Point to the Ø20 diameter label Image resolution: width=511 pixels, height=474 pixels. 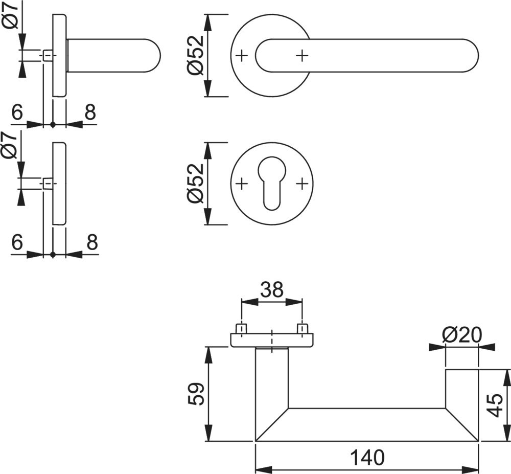pyautogui.click(x=462, y=335)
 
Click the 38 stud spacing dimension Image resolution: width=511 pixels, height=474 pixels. pyautogui.click(x=272, y=290)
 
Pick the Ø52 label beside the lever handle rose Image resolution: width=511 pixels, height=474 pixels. pyautogui.click(x=196, y=55)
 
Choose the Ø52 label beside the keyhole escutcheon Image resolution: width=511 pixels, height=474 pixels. pyautogui.click(x=196, y=184)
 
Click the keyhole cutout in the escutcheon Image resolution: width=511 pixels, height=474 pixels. pyautogui.click(x=272, y=182)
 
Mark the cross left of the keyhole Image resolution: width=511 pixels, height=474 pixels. pyautogui.click(x=242, y=183)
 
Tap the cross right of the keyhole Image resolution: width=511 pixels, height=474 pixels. pyautogui.click(x=303, y=183)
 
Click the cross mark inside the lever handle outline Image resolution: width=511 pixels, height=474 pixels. pyautogui.click(x=303, y=55)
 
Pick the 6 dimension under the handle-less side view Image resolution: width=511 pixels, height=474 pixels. pyautogui.click(x=17, y=242)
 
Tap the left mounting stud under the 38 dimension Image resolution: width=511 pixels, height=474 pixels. pyautogui.click(x=241, y=328)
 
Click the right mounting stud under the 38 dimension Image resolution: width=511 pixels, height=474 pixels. pyautogui.click(x=303, y=328)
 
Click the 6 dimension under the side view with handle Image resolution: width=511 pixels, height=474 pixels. pyautogui.click(x=17, y=112)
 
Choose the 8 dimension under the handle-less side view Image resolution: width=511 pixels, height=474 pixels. pyautogui.click(x=91, y=242)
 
